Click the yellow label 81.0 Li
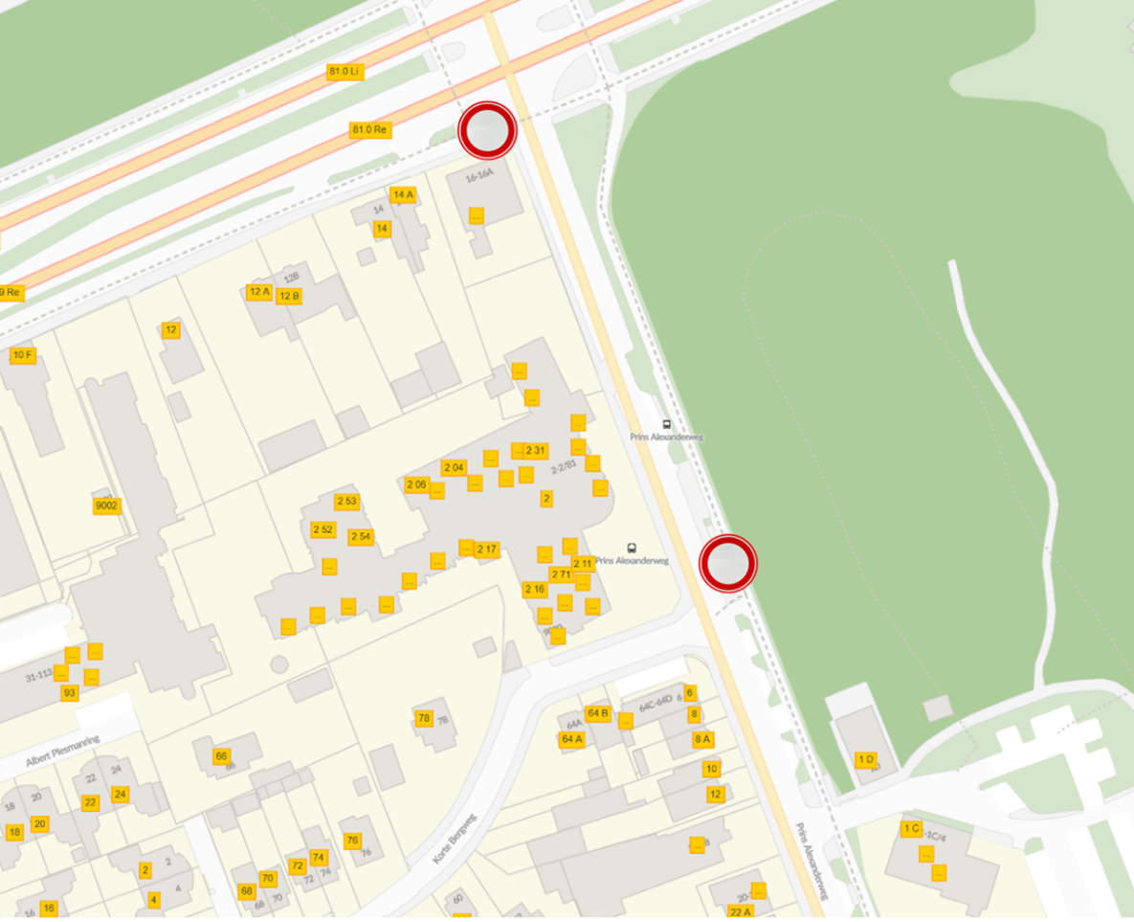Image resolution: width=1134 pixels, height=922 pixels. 345,72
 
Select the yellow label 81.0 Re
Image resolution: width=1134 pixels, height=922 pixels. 369,130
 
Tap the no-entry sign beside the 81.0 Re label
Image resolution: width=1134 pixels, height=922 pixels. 487,130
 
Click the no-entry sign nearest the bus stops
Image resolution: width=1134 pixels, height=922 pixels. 727,563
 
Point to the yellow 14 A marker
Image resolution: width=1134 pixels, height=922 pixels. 403,194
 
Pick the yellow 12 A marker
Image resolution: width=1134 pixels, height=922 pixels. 259,292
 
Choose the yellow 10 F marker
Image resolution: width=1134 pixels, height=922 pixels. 22,355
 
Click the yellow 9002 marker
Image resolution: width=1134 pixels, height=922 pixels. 107,506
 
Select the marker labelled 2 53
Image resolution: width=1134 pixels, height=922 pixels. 346,502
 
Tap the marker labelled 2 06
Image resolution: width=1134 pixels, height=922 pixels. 416,484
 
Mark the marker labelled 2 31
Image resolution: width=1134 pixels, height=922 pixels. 536,451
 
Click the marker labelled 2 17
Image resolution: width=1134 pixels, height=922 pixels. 487,550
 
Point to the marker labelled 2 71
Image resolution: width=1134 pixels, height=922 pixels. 561,574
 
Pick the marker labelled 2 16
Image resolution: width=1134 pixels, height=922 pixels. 534,589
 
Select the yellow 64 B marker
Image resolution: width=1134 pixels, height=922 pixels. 597,713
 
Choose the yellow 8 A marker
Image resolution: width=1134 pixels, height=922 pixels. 702,739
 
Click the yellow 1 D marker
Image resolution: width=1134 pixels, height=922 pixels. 865,760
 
